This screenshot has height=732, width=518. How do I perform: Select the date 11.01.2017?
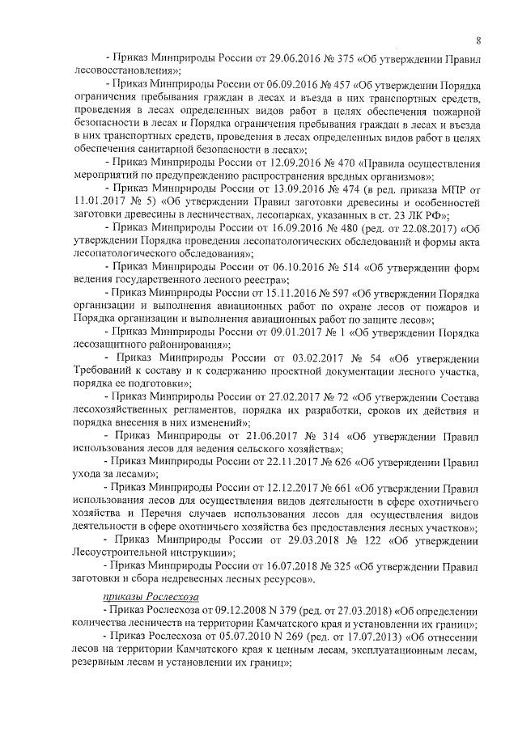[x=100, y=205]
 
